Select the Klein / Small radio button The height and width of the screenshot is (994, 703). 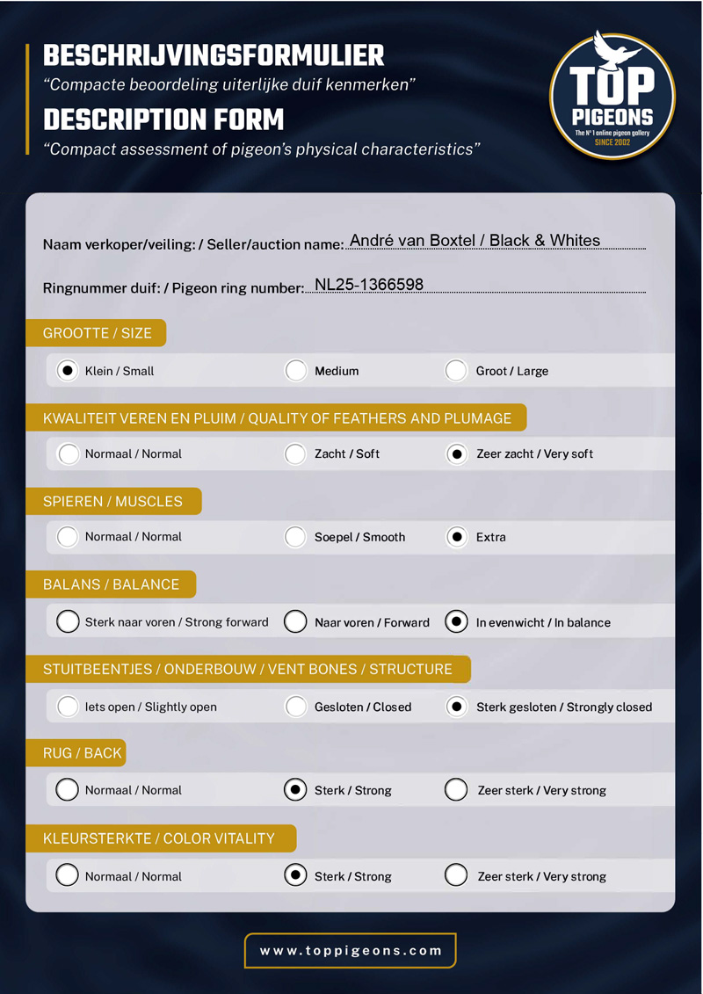click(x=68, y=371)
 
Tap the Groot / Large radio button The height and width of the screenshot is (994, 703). click(x=455, y=371)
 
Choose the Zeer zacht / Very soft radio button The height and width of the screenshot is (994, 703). click(x=455, y=454)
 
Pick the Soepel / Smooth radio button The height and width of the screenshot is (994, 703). click(x=295, y=537)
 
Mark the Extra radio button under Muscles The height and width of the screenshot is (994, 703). click(x=455, y=537)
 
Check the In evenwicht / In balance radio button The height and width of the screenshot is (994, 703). click(x=455, y=622)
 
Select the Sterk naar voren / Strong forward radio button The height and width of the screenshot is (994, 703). click(x=68, y=622)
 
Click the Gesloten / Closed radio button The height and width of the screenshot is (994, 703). click(x=295, y=707)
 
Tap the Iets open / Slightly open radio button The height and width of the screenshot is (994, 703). click(x=68, y=707)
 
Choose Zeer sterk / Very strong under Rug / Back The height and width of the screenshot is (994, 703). click(x=455, y=790)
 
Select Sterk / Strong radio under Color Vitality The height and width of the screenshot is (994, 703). click(x=295, y=875)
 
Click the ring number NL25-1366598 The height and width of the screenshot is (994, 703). click(x=369, y=285)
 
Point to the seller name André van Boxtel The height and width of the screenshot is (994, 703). click(x=413, y=241)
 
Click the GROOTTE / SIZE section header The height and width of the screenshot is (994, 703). click(x=98, y=333)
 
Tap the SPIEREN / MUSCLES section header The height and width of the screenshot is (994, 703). click(x=113, y=502)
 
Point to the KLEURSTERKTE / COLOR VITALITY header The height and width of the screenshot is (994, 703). click(x=159, y=838)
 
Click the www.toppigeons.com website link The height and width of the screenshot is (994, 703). click(x=351, y=950)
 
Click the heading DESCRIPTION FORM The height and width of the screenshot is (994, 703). click(x=164, y=119)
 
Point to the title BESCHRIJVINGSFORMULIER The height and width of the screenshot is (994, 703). click(x=214, y=56)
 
